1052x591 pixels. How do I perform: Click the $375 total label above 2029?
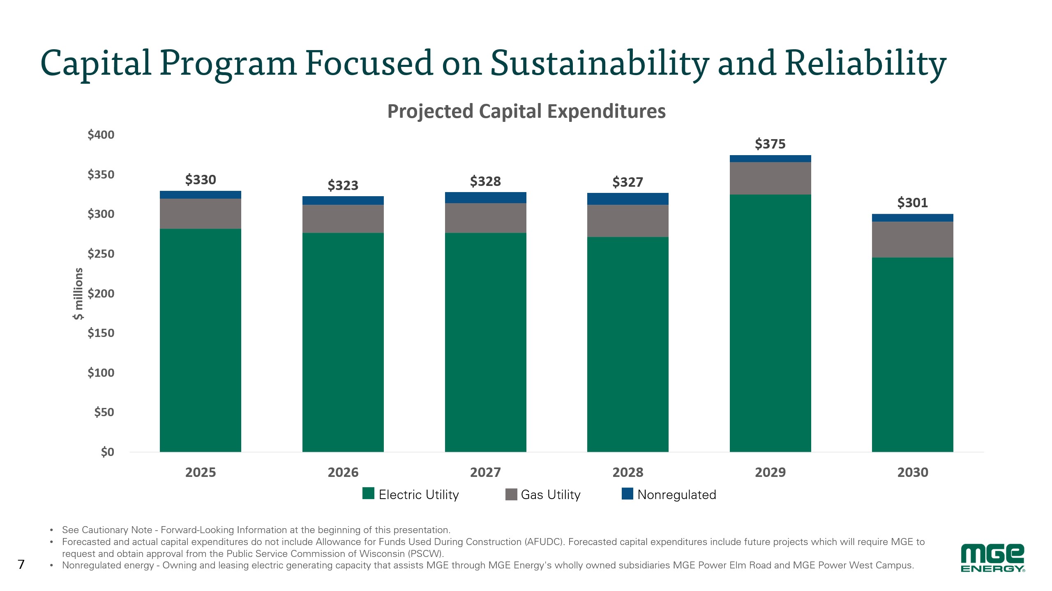coord(770,144)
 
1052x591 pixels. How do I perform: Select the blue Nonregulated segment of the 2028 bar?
coord(628,199)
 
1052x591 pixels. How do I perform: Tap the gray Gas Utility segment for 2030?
coord(912,240)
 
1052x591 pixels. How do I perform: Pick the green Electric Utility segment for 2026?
coord(343,342)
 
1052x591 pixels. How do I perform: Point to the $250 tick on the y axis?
coord(101,254)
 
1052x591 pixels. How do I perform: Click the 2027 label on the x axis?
coord(485,472)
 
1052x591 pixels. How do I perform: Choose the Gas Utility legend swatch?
coord(511,494)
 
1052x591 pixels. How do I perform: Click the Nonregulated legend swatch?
coord(628,494)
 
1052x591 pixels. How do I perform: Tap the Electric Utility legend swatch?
coord(368,494)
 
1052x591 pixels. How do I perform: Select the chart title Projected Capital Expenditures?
coord(526,111)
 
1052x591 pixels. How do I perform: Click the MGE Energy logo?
coord(992,558)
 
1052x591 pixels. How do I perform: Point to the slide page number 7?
coord(21,565)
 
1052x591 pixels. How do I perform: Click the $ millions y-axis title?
coord(78,293)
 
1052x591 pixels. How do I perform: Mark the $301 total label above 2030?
coord(912,203)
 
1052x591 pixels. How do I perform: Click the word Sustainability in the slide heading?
coord(600,64)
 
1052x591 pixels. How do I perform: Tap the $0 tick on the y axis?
coord(108,452)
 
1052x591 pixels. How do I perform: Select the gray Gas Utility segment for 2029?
coord(770,179)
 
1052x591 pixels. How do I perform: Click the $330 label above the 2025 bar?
coord(201,180)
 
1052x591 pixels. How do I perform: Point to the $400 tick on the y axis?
coord(101,135)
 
